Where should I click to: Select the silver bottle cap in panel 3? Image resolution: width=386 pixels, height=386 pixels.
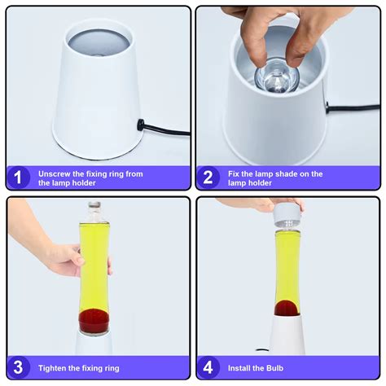(94, 208)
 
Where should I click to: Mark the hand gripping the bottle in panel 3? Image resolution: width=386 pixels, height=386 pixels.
(61, 259)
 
